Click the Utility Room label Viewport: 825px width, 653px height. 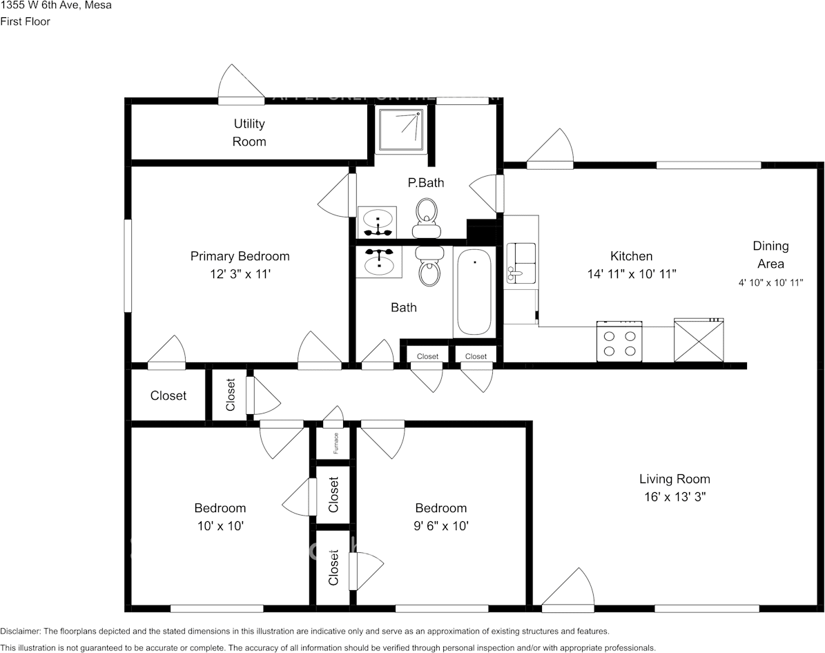click(x=249, y=133)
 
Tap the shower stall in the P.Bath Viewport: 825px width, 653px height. click(x=402, y=129)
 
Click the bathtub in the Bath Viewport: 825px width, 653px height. click(x=474, y=292)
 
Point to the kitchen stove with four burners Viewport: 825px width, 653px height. click(x=619, y=341)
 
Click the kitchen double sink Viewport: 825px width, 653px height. click(x=521, y=263)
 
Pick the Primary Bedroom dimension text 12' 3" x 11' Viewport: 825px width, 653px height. click(x=240, y=274)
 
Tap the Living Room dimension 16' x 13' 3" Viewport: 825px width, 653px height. click(x=674, y=496)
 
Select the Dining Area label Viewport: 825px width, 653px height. click(x=770, y=255)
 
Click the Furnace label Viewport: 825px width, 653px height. click(x=336, y=442)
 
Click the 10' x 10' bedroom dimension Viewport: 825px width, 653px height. click(x=220, y=526)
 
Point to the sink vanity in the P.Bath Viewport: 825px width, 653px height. click(x=377, y=221)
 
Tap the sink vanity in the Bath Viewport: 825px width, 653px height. click(x=378, y=262)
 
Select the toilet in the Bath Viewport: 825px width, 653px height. click(x=429, y=266)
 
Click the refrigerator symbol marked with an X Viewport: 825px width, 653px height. click(x=699, y=340)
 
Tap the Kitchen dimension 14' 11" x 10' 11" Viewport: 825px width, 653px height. click(x=631, y=274)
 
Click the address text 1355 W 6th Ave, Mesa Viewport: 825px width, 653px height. click(x=56, y=6)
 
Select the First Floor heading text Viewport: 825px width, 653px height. click(x=25, y=21)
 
